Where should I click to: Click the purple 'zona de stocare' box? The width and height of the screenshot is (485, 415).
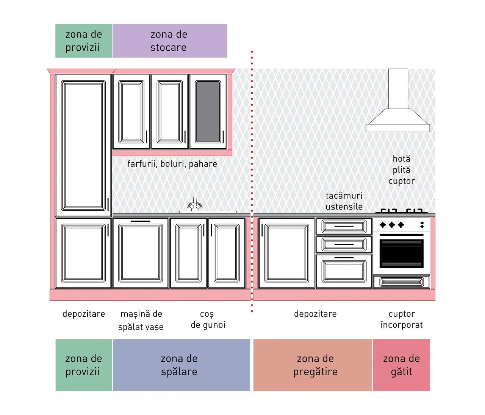point(170,41)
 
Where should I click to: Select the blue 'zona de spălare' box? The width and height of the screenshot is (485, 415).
point(181,365)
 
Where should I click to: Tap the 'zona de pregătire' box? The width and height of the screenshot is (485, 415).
point(313,365)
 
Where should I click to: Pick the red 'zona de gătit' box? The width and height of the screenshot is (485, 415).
point(402,365)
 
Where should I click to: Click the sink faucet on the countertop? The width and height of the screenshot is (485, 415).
point(195,204)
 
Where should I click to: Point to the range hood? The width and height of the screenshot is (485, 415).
point(398,100)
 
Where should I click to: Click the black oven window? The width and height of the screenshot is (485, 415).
point(402,253)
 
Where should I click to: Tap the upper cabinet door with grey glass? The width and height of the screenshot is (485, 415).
point(208,112)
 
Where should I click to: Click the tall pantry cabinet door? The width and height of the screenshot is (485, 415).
point(83,145)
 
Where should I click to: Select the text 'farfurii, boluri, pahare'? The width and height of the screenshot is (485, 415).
point(172,164)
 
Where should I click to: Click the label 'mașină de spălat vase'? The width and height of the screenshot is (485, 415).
point(141,320)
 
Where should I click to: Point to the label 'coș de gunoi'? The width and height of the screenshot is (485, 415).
point(208,320)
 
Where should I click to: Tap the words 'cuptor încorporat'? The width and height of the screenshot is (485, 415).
point(402,319)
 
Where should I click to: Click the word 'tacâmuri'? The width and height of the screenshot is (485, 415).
point(344,196)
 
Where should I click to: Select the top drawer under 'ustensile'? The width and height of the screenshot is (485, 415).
point(344,226)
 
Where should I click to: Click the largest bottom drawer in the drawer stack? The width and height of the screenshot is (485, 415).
point(344,271)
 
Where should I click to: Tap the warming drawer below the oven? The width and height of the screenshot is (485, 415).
point(402,282)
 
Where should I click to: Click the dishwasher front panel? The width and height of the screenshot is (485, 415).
point(141,253)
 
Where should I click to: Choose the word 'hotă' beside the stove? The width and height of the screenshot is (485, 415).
point(402,159)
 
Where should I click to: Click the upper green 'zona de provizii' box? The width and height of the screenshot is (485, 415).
point(84,41)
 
